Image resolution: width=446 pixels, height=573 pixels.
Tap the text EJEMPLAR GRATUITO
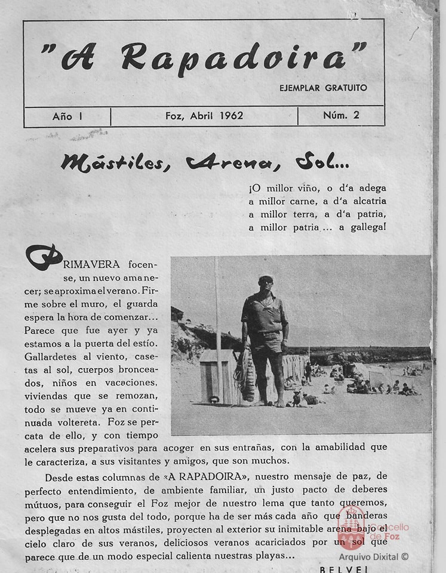coord(323,88)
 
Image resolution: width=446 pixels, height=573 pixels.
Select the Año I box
coord(67,116)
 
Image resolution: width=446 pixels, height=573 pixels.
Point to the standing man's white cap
coord(266,278)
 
